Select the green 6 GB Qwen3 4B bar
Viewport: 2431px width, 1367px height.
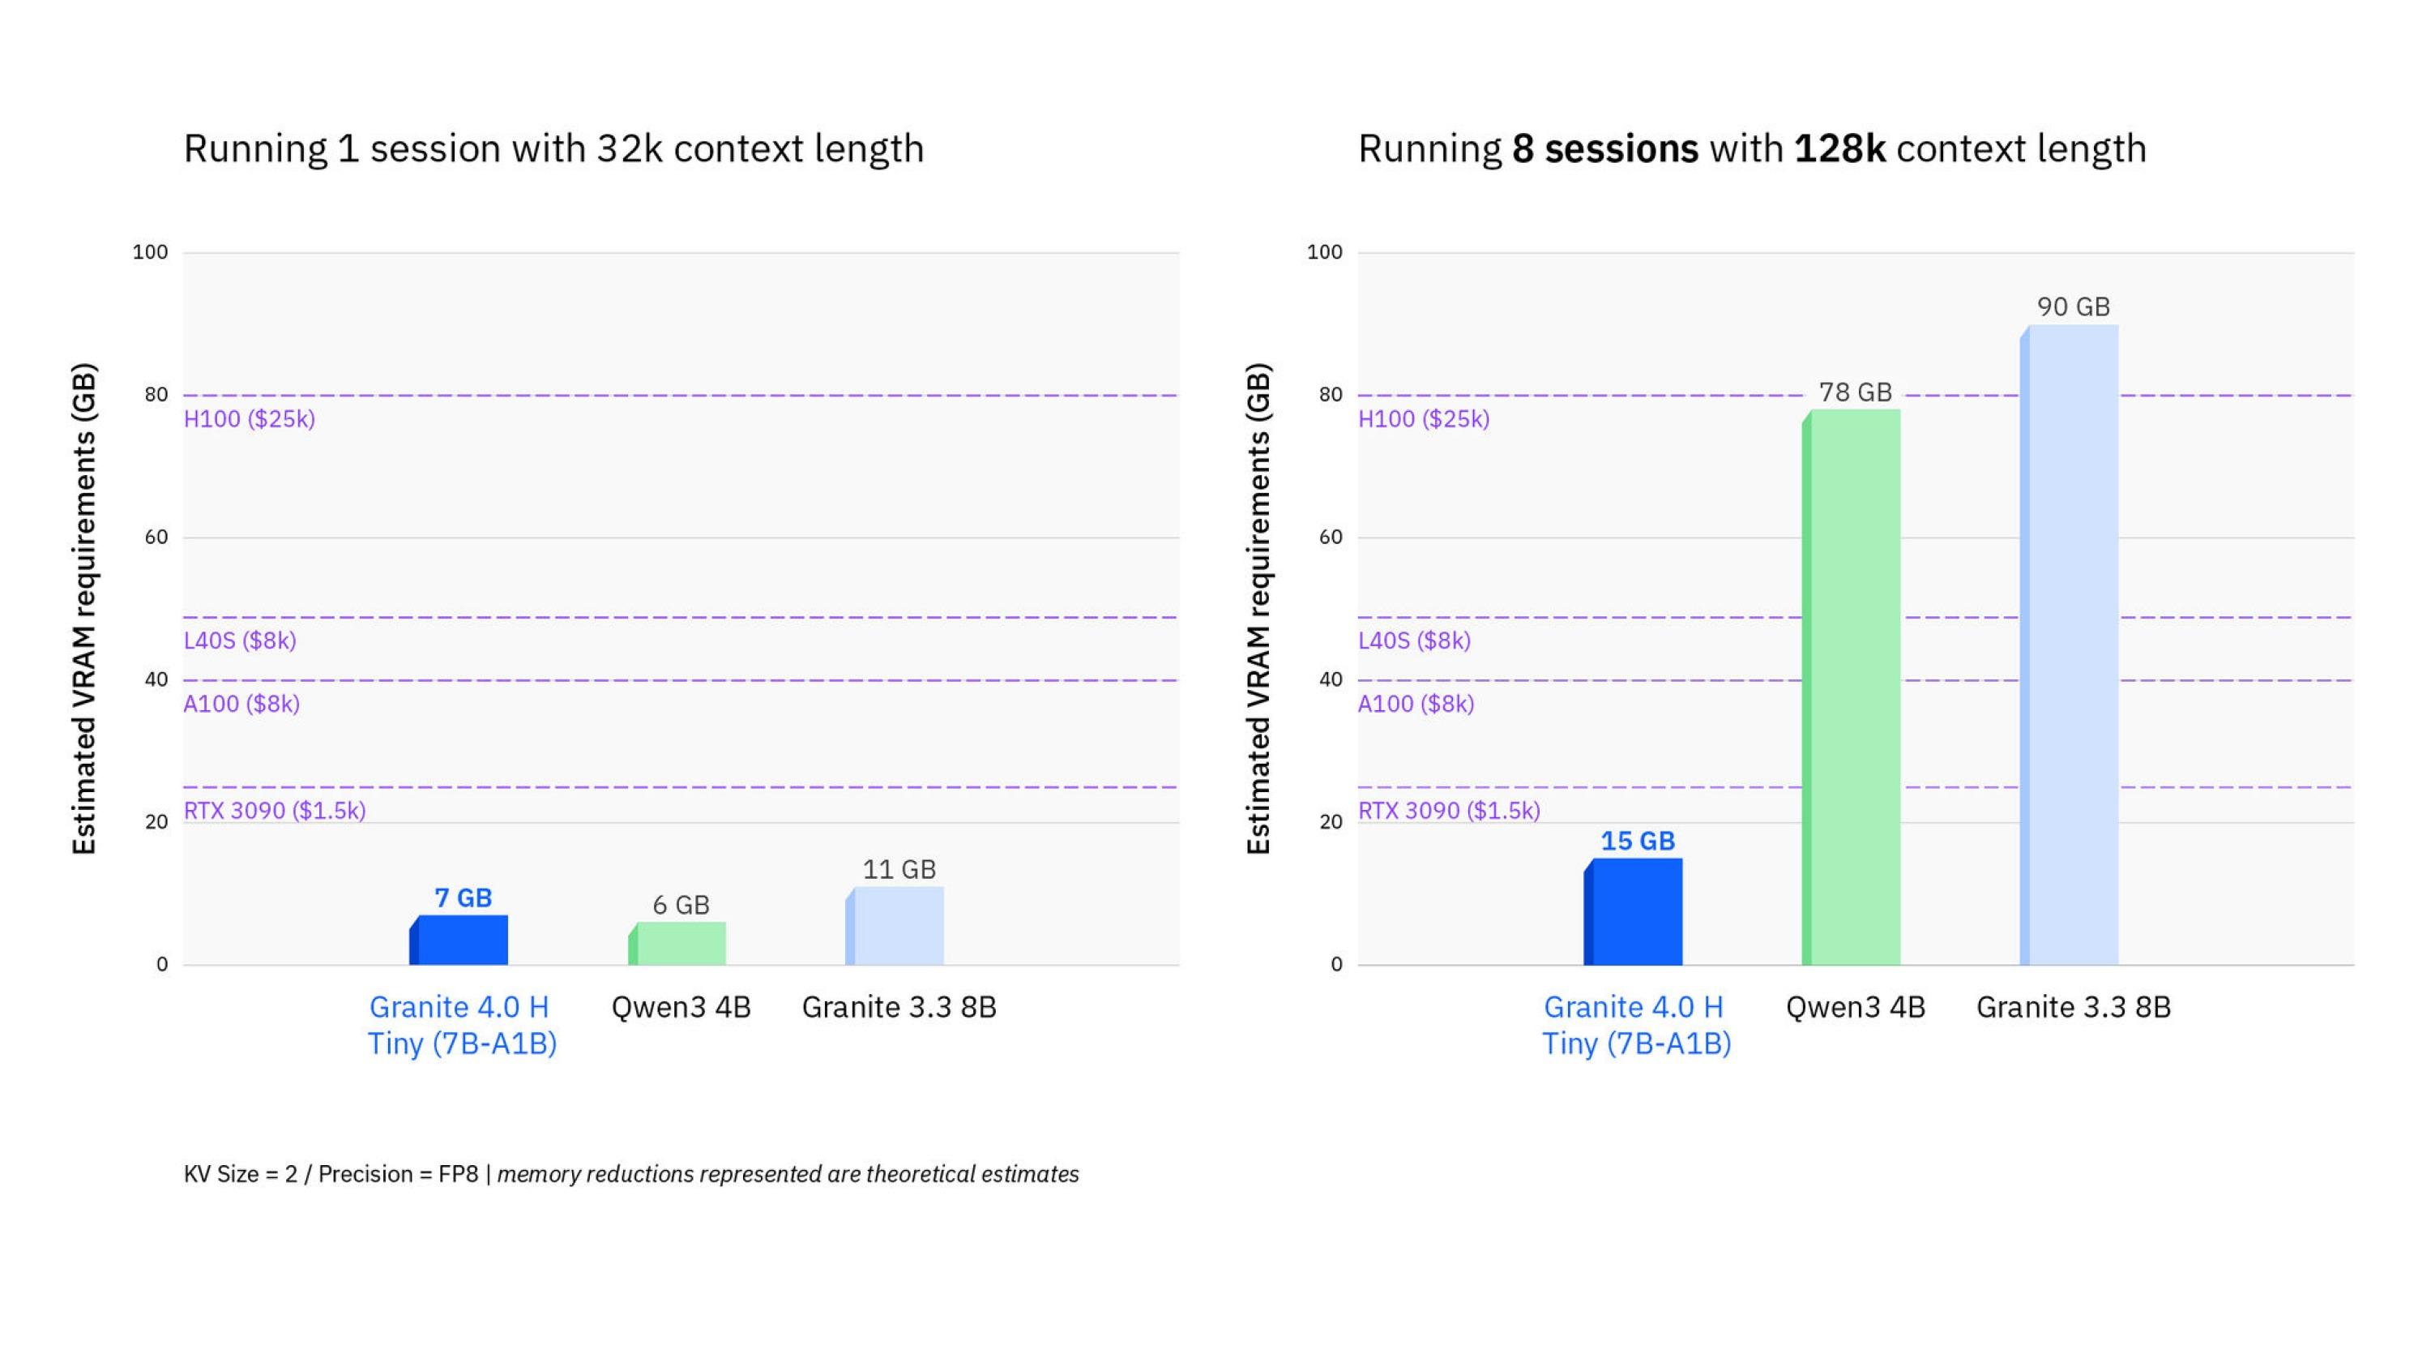pyautogui.click(x=678, y=943)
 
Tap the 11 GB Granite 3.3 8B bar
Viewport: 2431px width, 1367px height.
pyautogui.click(x=895, y=925)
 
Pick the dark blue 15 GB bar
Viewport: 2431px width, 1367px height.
pyautogui.click(x=1634, y=911)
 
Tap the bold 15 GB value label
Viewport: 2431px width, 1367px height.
pyautogui.click(x=1638, y=840)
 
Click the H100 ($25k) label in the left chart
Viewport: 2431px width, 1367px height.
pyautogui.click(x=249, y=418)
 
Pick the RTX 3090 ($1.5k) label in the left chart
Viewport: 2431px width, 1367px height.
pyautogui.click(x=275, y=810)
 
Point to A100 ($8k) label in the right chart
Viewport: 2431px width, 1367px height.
pyautogui.click(x=1416, y=703)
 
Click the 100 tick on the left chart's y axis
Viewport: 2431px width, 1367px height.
pyautogui.click(x=150, y=252)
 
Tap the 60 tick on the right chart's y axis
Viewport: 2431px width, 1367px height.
pyautogui.click(x=1330, y=538)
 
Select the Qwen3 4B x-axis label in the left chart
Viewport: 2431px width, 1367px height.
pyautogui.click(x=681, y=1007)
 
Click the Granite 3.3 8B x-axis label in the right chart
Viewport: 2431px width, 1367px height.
pyautogui.click(x=2074, y=1007)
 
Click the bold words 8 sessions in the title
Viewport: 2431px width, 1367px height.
pyautogui.click(x=1604, y=149)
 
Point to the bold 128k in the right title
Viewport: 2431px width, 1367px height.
pyautogui.click(x=1839, y=149)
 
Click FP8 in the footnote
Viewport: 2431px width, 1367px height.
pyautogui.click(x=459, y=1173)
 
